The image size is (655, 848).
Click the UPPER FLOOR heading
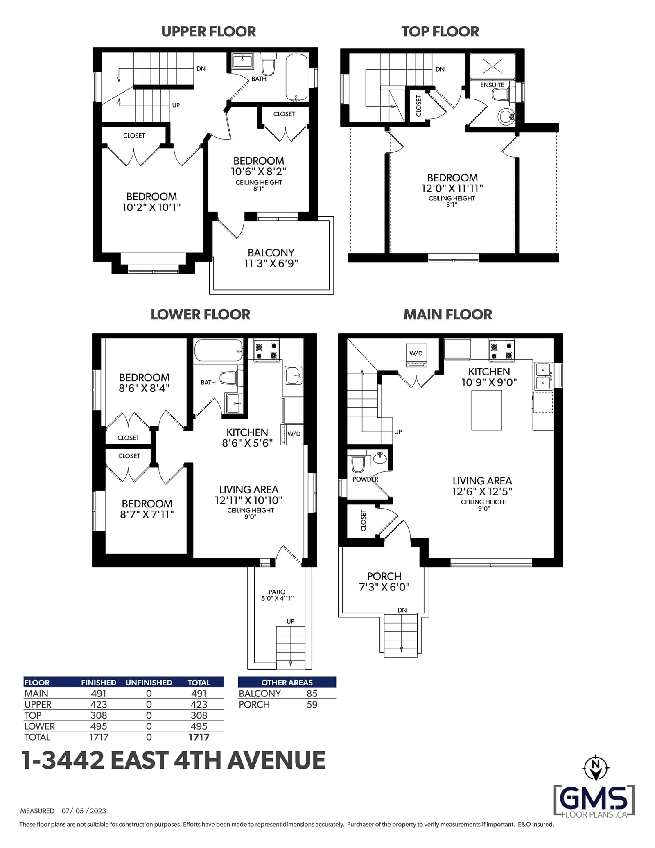(x=208, y=32)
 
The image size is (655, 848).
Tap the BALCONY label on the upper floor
(x=271, y=253)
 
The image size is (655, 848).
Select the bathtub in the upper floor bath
(x=296, y=77)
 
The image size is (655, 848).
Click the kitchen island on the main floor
(x=487, y=410)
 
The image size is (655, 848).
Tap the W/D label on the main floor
(x=416, y=353)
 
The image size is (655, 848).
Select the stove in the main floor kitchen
(x=501, y=351)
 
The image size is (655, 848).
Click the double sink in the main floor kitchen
(x=543, y=376)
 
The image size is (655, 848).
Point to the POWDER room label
(x=366, y=479)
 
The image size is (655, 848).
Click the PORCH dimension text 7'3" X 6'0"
(x=384, y=587)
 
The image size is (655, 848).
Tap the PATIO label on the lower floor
(x=277, y=592)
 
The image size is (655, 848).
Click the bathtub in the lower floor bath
(x=218, y=351)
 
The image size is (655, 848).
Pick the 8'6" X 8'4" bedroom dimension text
(x=144, y=388)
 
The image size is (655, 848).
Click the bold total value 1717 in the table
(x=199, y=737)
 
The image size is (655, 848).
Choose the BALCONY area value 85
(x=312, y=693)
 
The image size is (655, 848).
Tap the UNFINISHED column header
(x=149, y=683)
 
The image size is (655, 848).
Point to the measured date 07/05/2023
(x=84, y=811)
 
